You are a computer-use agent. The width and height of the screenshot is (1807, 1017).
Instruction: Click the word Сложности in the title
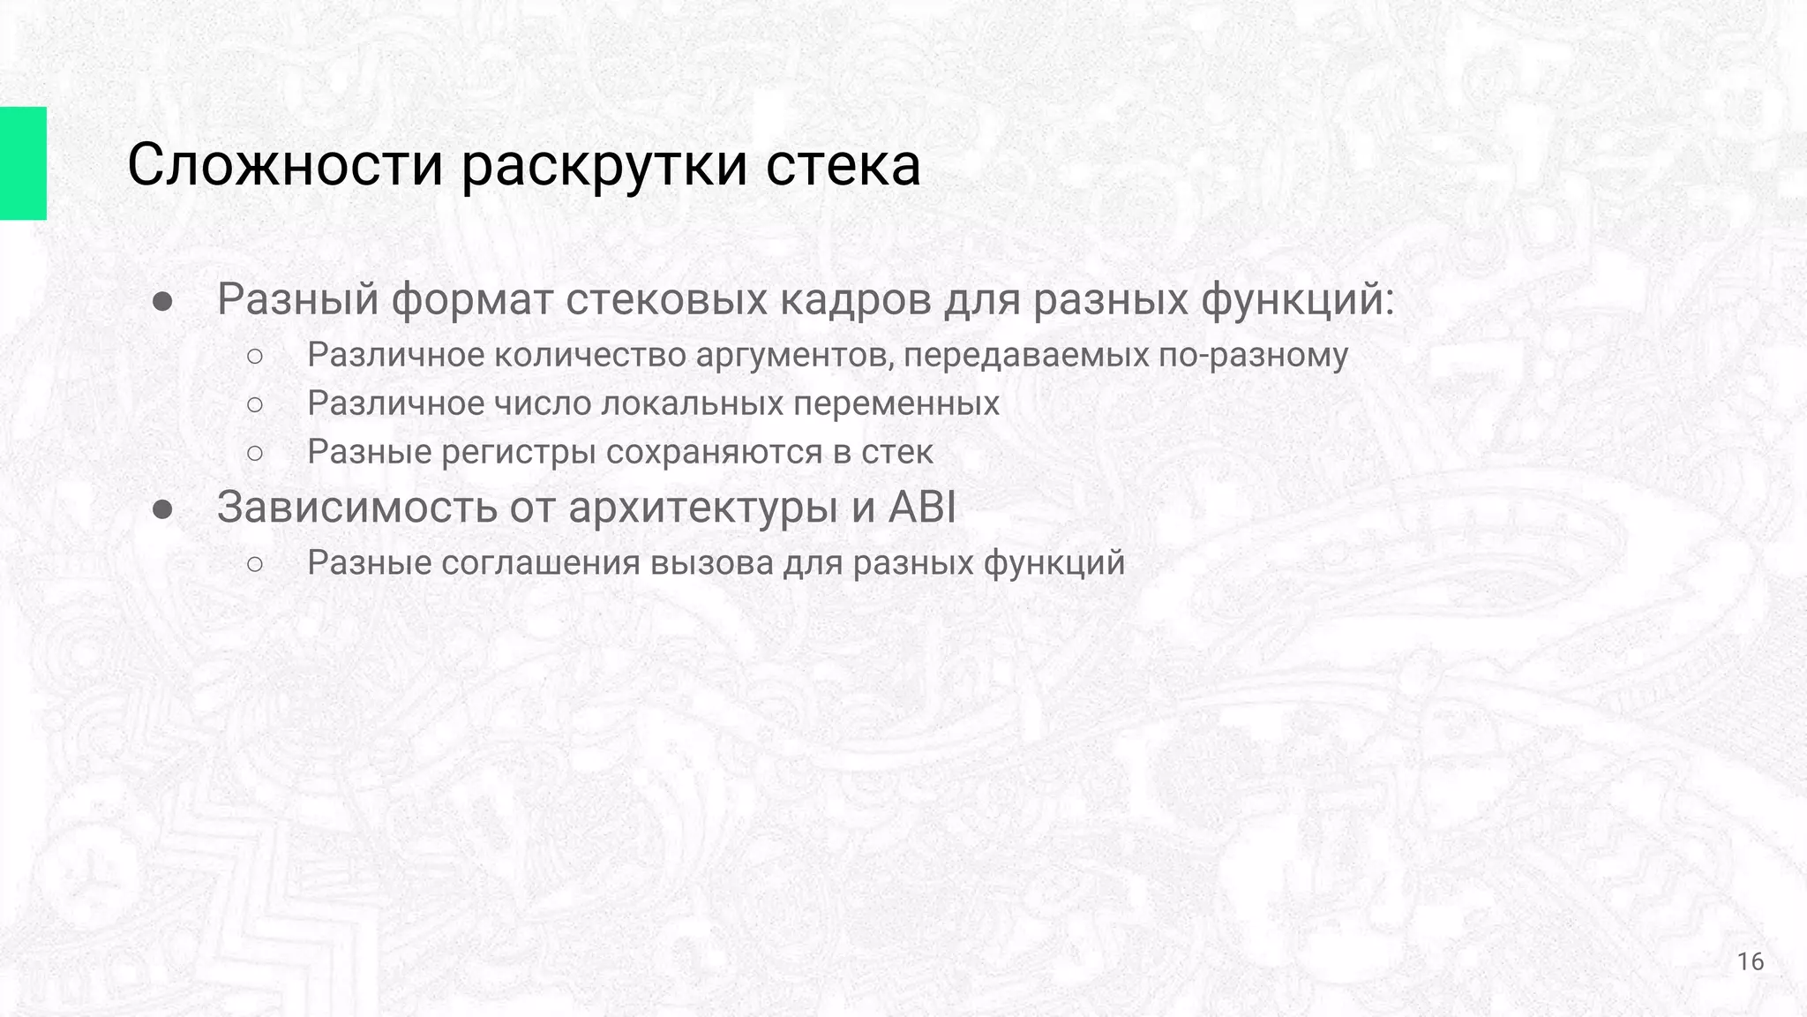pos(284,165)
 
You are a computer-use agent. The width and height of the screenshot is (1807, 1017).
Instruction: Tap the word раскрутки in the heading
pos(603,165)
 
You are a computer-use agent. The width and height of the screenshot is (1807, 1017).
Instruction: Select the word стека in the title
pos(843,165)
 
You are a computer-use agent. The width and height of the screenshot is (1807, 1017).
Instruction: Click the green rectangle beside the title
pos(23,163)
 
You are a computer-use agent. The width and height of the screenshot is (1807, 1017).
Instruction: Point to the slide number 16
pos(1751,961)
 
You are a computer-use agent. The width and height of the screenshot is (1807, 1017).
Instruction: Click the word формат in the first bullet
pos(471,299)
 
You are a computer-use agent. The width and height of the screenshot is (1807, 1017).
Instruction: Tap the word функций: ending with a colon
pos(1298,299)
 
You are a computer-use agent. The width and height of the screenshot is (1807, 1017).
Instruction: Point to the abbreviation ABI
pos(922,507)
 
